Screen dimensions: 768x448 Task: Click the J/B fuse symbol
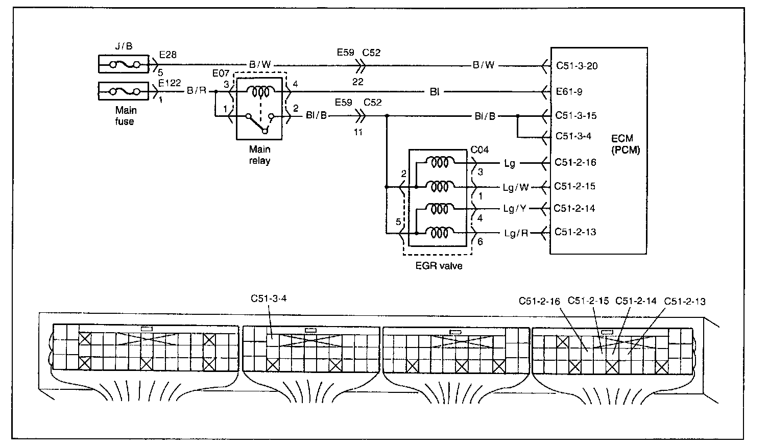[x=124, y=64]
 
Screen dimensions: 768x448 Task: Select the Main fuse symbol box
[x=124, y=91]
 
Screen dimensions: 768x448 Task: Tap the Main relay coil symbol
[x=260, y=92]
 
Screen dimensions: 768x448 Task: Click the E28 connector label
[x=168, y=55]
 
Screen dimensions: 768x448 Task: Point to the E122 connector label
[x=170, y=83]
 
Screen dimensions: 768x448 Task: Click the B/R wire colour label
[x=197, y=91]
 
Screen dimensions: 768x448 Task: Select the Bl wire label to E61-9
[x=435, y=92]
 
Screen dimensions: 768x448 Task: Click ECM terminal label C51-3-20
[x=577, y=66]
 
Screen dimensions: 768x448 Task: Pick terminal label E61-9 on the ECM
[x=569, y=91]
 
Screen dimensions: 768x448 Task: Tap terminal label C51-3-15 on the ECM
[x=576, y=115]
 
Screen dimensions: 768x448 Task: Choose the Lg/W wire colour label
[x=516, y=188]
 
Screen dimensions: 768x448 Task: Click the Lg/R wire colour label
[x=516, y=234]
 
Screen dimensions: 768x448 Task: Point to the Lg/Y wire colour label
[x=515, y=209]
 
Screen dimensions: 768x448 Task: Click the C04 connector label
[x=479, y=150]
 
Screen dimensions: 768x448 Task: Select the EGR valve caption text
[x=439, y=266]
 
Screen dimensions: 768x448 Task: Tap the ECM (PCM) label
[x=626, y=144]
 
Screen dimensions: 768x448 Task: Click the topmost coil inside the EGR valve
[x=440, y=162]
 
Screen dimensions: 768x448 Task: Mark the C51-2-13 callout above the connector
[x=685, y=302]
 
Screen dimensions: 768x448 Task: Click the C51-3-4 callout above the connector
[x=269, y=298]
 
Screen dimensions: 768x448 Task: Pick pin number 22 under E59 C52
[x=357, y=82]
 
